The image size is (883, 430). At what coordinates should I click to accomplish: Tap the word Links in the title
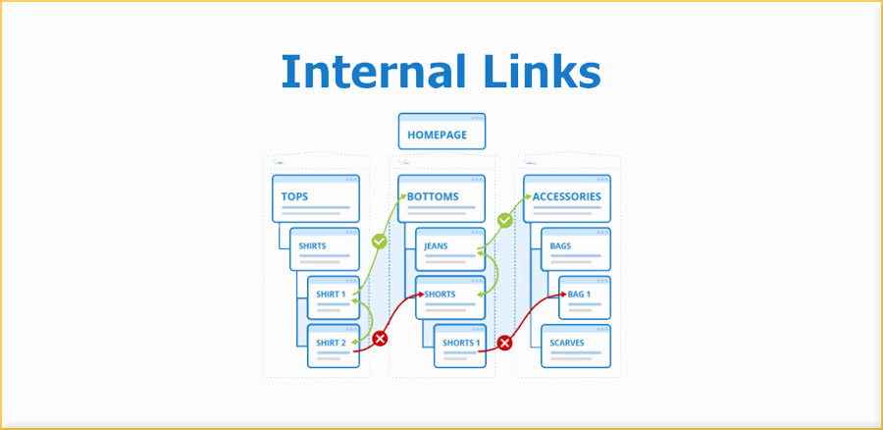click(538, 73)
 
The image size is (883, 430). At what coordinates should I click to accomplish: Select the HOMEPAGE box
click(441, 132)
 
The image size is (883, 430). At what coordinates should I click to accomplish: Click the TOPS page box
click(315, 199)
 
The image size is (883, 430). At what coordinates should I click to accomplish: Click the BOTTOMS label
click(433, 196)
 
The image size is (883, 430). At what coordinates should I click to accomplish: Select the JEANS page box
click(449, 249)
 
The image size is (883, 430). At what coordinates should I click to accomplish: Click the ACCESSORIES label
click(566, 196)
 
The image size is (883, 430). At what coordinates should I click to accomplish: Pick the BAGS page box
click(576, 249)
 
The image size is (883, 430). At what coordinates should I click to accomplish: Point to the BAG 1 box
click(586, 296)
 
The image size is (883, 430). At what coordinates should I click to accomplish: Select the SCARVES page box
click(576, 345)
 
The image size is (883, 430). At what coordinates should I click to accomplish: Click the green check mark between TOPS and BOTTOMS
click(379, 241)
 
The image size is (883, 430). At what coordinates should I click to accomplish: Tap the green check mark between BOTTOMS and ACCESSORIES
click(504, 221)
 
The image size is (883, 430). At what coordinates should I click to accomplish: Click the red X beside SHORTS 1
click(504, 344)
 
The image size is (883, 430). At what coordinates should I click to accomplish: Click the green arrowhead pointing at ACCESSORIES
click(527, 197)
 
